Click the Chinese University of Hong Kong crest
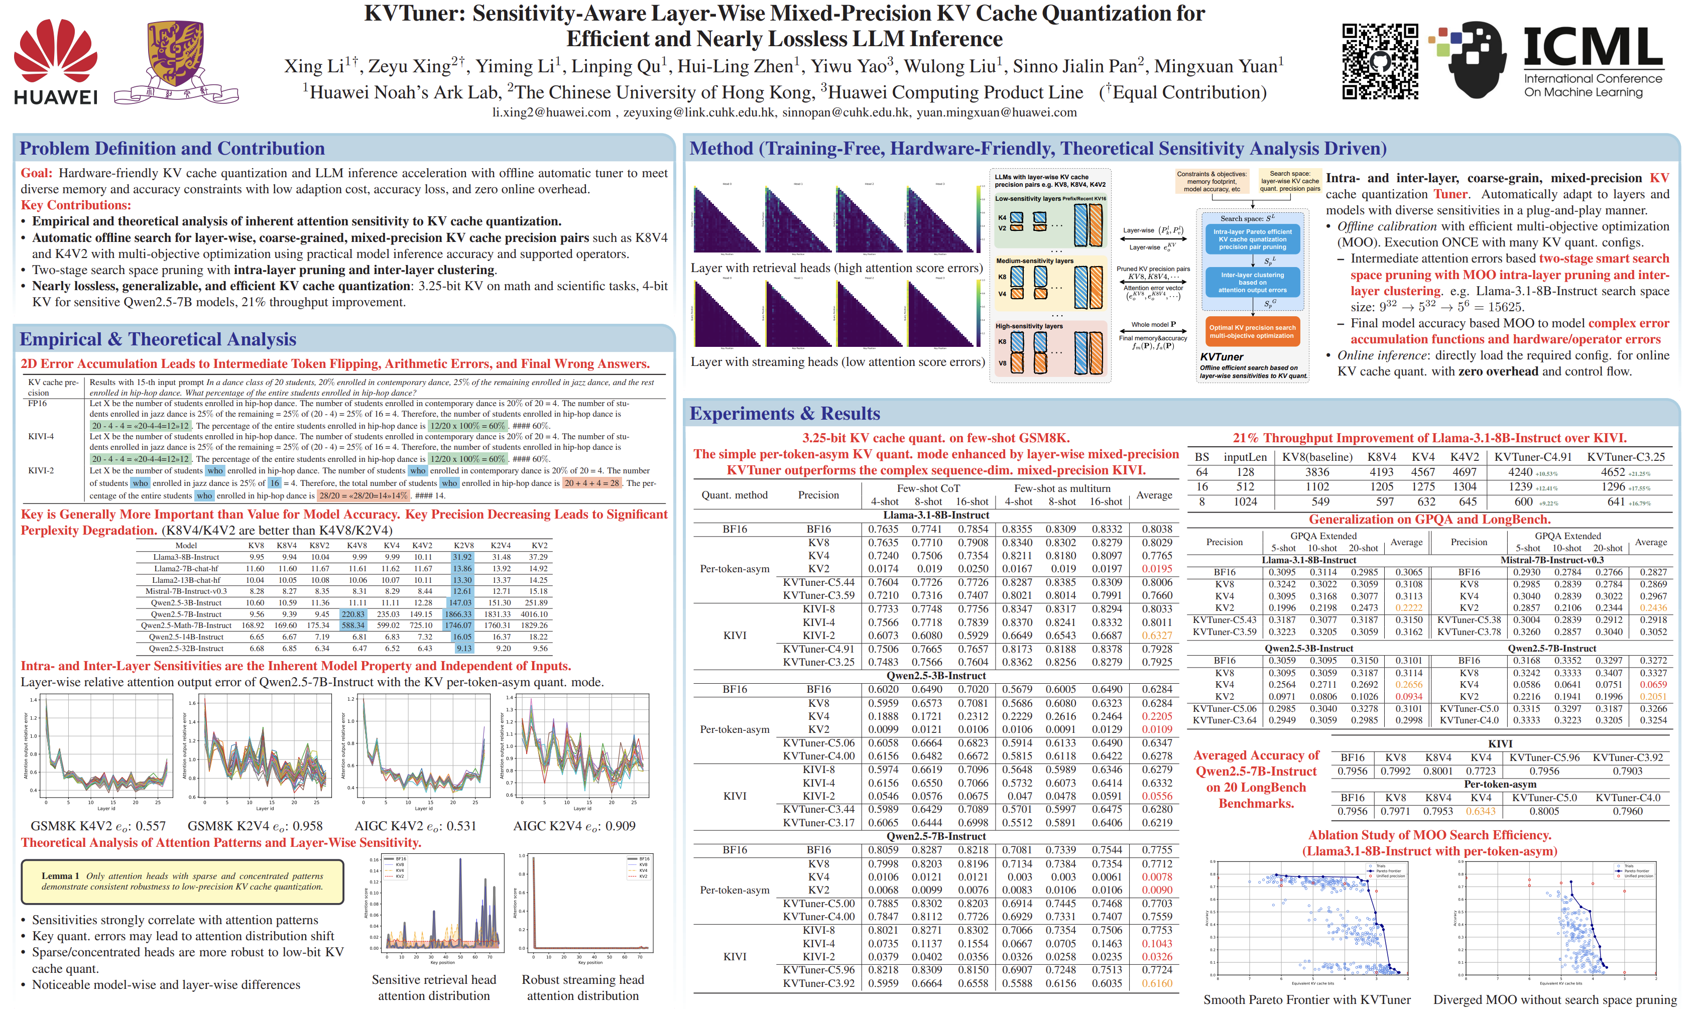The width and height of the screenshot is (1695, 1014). (x=176, y=62)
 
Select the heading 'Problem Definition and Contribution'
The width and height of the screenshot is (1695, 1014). (x=172, y=148)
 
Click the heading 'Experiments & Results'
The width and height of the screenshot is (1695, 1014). (x=784, y=414)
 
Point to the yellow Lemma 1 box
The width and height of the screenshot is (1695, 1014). (x=182, y=881)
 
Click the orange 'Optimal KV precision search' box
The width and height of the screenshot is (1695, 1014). (x=1252, y=331)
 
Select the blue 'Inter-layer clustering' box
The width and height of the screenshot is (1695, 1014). (x=1252, y=282)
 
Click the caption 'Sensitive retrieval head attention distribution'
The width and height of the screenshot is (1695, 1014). (x=434, y=987)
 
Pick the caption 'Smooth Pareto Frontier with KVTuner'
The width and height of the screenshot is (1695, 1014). (x=1306, y=999)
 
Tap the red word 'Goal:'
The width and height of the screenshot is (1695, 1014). (x=36, y=173)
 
